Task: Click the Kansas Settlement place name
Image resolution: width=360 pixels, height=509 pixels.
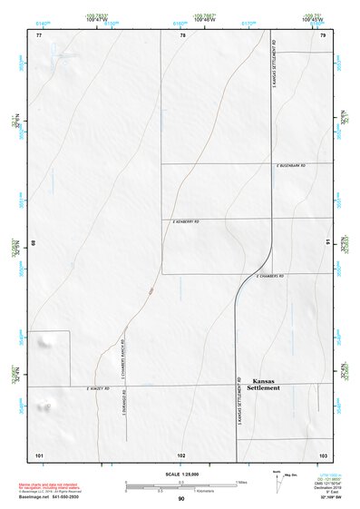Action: [x=265, y=384]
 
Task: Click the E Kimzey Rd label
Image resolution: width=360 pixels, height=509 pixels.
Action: [x=98, y=388]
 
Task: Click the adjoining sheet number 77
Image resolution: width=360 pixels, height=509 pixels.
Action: [x=39, y=35]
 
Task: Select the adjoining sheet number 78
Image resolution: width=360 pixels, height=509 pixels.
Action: [x=182, y=35]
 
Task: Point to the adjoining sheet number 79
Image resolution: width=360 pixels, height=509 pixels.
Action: [x=322, y=35]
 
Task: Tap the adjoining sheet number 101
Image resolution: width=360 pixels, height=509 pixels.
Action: [x=39, y=453]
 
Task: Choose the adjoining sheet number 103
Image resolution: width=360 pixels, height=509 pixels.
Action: [x=322, y=453]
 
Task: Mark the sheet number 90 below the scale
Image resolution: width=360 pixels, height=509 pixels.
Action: [x=181, y=499]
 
